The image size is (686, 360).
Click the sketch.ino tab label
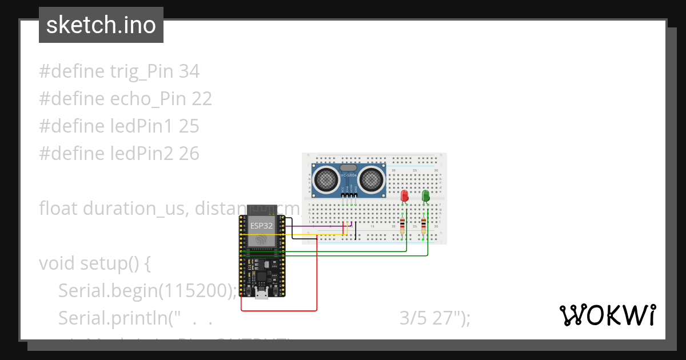(x=101, y=25)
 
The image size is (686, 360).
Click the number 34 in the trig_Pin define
(x=189, y=71)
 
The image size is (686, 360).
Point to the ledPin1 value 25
(x=189, y=126)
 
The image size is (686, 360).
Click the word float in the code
(x=59, y=208)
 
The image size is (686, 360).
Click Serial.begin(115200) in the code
(x=147, y=291)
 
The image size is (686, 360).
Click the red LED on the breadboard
(x=405, y=196)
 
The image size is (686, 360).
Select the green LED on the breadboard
(x=425, y=196)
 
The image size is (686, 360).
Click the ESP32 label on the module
(x=261, y=226)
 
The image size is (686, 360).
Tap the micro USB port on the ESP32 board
(x=262, y=294)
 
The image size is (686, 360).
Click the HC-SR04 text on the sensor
(x=349, y=175)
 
